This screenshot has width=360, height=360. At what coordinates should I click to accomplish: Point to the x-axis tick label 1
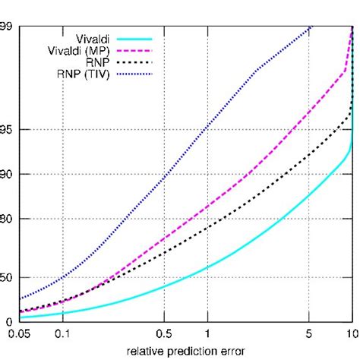[207, 333]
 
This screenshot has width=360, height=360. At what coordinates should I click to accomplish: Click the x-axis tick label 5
[309, 333]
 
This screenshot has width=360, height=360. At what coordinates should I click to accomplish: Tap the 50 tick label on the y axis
[7, 280]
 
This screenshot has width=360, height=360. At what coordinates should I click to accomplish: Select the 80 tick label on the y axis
[7, 219]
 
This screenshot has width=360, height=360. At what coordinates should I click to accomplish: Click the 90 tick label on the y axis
[7, 174]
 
